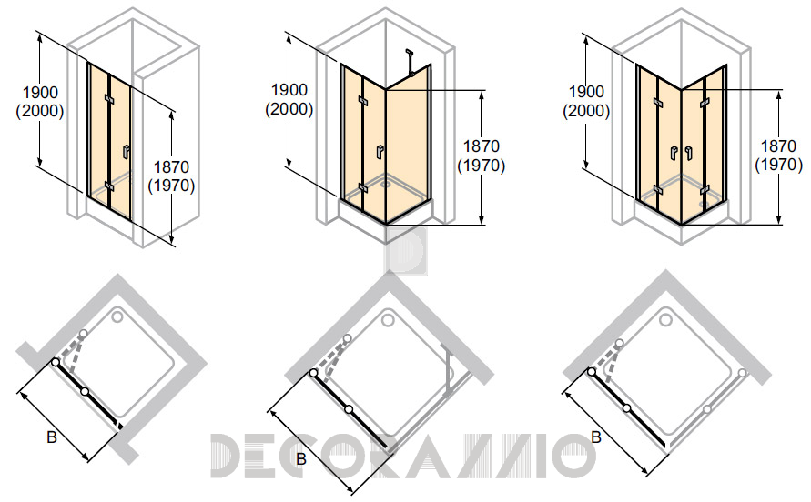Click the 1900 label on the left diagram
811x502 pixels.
(40, 93)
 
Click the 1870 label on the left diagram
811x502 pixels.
(172, 167)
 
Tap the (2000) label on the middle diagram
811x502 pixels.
(289, 109)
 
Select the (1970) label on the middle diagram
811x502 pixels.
(481, 166)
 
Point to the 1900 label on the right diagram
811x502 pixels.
(586, 92)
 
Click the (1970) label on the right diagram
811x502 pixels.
(779, 165)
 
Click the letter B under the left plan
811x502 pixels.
(52, 437)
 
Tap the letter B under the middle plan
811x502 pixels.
(301, 458)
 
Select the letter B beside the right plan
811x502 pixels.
(596, 437)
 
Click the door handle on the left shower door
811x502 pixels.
(126, 152)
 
